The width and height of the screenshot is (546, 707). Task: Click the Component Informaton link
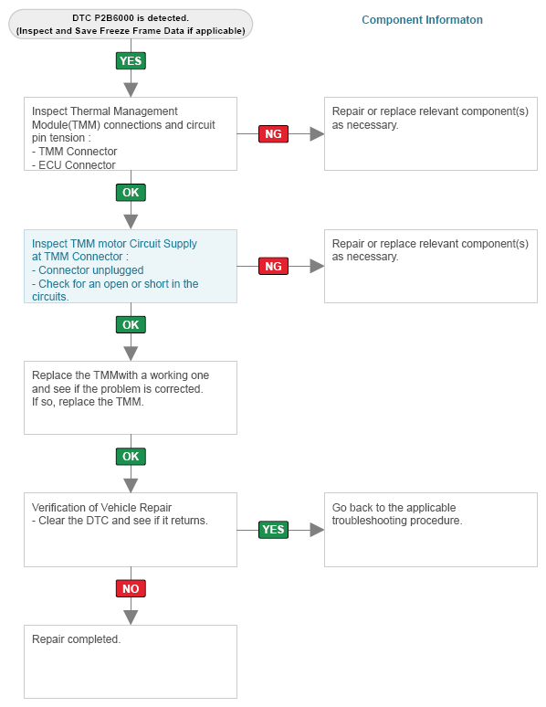point(422,20)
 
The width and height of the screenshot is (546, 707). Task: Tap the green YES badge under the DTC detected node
point(131,61)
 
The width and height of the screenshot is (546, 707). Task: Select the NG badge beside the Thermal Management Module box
point(273,134)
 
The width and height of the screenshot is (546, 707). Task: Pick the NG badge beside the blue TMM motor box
point(273,266)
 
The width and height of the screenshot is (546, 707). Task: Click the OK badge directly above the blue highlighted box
point(131,193)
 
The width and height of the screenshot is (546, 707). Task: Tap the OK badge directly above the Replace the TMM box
point(131,324)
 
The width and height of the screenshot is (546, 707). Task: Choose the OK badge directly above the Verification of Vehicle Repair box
point(131,457)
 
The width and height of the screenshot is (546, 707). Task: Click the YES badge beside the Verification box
point(273,530)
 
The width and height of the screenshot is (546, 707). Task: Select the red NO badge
point(131,588)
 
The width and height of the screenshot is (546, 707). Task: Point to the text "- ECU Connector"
point(74,165)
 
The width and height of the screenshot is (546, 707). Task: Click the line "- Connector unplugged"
point(88,270)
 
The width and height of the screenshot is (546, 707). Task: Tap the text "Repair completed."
point(76,638)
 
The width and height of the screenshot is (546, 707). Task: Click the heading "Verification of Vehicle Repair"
point(102,507)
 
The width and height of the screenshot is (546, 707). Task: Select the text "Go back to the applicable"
point(394,507)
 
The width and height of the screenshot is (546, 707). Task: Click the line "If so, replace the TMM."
point(88,402)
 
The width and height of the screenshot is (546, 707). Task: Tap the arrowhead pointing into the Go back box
point(317,530)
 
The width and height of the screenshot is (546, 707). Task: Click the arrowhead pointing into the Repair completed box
point(131,617)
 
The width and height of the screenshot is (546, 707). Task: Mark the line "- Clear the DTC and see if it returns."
point(120,521)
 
